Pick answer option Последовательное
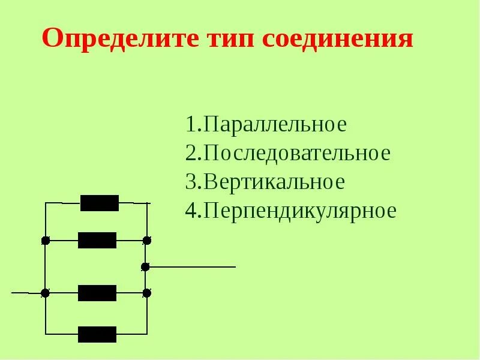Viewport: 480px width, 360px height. [x=297, y=154]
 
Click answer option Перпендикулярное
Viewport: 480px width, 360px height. [x=300, y=211]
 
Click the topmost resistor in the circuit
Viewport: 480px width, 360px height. [x=100, y=203]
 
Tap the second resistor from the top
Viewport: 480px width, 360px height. [x=97, y=240]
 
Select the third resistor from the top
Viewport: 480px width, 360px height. [x=97, y=293]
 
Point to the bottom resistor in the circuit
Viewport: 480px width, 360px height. [x=97, y=334]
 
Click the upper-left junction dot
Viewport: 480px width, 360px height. [x=45, y=241]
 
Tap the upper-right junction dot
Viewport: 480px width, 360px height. [x=147, y=241]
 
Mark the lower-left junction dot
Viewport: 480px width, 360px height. [x=45, y=293]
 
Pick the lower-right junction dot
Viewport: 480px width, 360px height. [x=147, y=293]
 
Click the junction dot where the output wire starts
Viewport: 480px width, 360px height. [x=145, y=266]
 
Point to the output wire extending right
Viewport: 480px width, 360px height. [x=192, y=266]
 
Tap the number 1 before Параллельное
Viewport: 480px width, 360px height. [x=191, y=125]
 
